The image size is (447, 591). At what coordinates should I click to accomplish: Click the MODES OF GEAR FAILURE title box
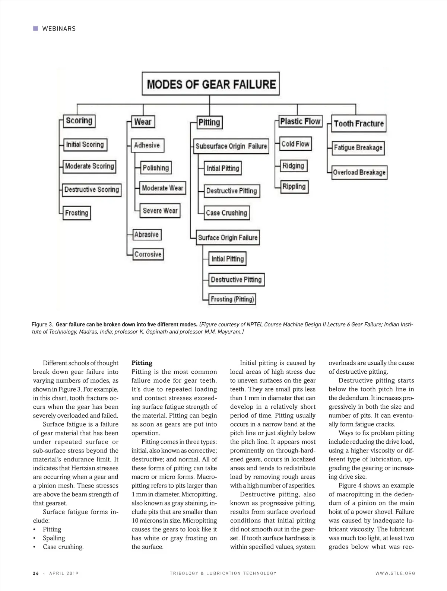coord(211,84)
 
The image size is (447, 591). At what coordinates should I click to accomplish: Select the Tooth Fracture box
coord(358,124)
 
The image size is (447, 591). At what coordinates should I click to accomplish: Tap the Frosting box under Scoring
coord(77,213)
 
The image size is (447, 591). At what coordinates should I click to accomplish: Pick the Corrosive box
coord(148,254)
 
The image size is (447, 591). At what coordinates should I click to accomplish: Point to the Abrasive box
coord(147,234)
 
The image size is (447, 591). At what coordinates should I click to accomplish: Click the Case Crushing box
coord(226,213)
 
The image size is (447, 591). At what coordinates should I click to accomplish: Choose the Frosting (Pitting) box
coord(232,299)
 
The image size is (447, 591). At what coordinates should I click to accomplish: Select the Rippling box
coord(294,186)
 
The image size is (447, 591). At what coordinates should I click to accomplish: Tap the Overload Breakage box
coord(359,172)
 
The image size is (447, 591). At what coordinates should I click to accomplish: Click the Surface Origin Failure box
coord(228,237)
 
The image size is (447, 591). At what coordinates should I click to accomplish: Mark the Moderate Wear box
coord(162,188)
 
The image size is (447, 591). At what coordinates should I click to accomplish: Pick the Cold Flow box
coord(295,144)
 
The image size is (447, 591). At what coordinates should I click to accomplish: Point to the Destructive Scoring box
coord(92,190)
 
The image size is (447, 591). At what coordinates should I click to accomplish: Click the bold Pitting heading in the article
coord(142,363)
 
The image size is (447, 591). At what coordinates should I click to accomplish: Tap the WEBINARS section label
coord(59,29)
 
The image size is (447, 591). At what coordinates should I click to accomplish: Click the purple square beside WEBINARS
coord(36,28)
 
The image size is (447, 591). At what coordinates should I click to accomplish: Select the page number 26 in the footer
coord(36,573)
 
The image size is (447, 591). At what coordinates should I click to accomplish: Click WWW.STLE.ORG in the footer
coord(395,573)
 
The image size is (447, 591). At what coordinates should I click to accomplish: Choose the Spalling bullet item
coord(54,538)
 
